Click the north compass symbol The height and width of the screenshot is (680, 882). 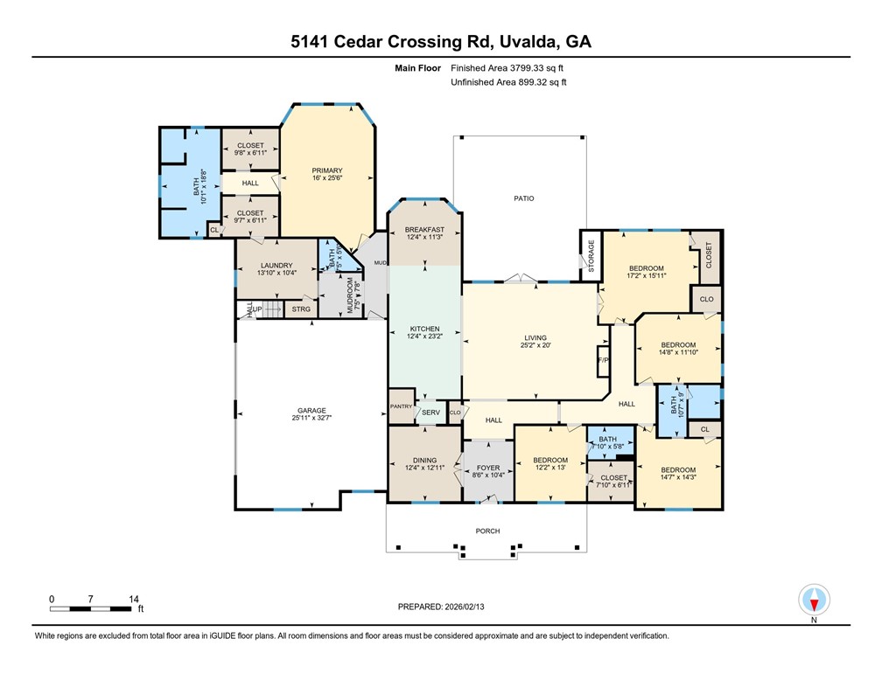coord(814,600)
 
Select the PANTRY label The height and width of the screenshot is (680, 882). coord(401,406)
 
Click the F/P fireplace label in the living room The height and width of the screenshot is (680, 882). coord(602,360)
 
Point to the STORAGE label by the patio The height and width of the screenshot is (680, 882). coord(591,256)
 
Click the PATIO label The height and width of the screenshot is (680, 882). coord(523,198)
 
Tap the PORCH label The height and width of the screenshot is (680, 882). coord(486,531)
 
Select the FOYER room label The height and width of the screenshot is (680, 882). coord(487,468)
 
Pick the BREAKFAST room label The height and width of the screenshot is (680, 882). coord(424,229)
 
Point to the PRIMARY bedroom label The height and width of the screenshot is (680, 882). coord(326,170)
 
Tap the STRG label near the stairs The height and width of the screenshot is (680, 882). coord(301,309)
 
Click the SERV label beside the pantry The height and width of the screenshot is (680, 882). coord(430,412)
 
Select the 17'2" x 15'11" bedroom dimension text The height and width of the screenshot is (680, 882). coord(646,276)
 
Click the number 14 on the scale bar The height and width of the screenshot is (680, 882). coord(134,599)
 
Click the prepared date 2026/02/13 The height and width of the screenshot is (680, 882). coord(477,606)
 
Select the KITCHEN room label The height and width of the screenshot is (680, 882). coord(424,329)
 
